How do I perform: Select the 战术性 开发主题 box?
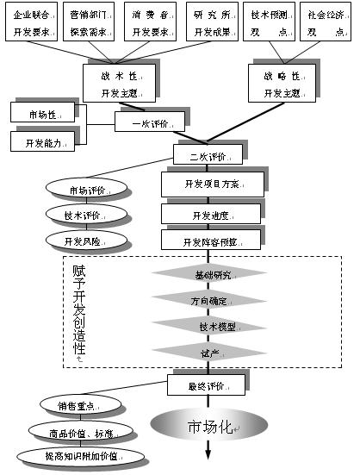coord(119,82)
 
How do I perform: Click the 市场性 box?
coord(43,112)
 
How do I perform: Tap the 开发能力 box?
coord(43,141)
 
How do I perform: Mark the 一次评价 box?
coord(152,123)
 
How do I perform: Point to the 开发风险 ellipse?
coord(85,239)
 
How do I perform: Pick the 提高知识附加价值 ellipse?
coord(81,455)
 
